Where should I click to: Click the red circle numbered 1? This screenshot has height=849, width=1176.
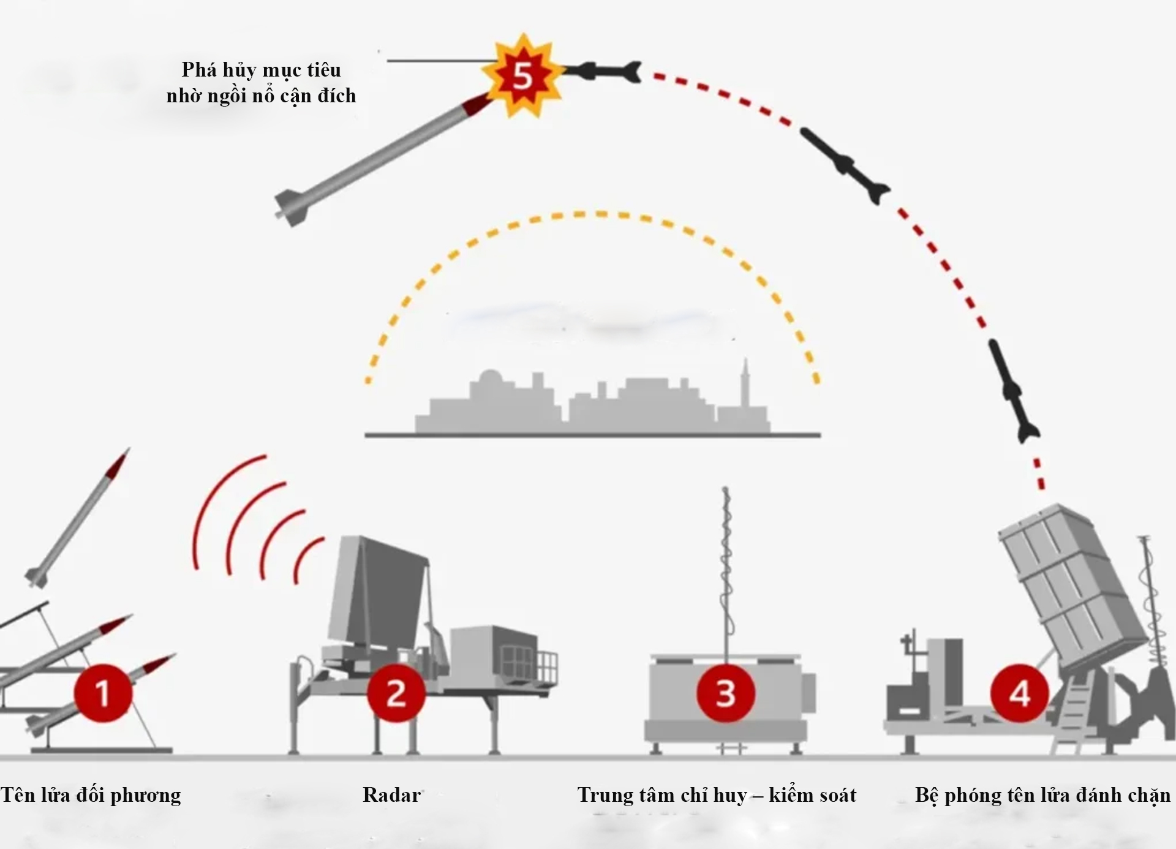(x=103, y=693)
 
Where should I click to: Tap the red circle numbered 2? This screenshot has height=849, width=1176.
(x=396, y=693)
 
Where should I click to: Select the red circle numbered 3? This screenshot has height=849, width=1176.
(x=725, y=693)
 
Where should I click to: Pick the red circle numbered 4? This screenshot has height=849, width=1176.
(x=1019, y=693)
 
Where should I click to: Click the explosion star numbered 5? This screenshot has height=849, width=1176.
(x=522, y=76)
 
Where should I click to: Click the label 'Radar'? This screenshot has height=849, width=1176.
(x=391, y=795)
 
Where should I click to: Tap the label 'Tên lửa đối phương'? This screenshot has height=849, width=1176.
(x=91, y=795)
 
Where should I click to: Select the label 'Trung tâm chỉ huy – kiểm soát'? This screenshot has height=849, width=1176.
(x=717, y=795)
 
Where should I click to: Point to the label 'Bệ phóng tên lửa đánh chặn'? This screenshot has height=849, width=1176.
(x=1042, y=795)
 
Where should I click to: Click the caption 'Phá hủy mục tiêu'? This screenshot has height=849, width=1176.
(x=261, y=70)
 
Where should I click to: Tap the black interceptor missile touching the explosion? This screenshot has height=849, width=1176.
(x=603, y=72)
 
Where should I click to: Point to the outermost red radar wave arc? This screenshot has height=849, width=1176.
(x=208, y=508)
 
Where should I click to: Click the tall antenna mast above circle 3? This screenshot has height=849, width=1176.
(x=726, y=570)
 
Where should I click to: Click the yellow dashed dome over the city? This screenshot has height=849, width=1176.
(x=591, y=215)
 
